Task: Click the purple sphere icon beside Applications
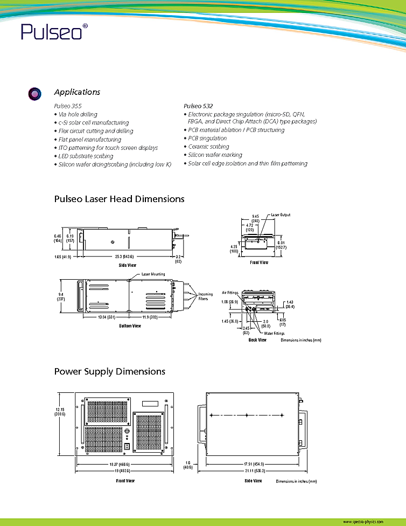[34, 94]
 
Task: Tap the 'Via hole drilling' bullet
[78, 114]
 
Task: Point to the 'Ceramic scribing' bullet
[208, 147]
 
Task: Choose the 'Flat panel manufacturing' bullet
[89, 140]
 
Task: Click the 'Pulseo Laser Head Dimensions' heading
[119, 199]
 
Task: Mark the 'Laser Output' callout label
[281, 215]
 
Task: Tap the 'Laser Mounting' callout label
[153, 274]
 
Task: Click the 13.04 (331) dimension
[104, 317]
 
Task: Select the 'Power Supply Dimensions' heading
[109, 372]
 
